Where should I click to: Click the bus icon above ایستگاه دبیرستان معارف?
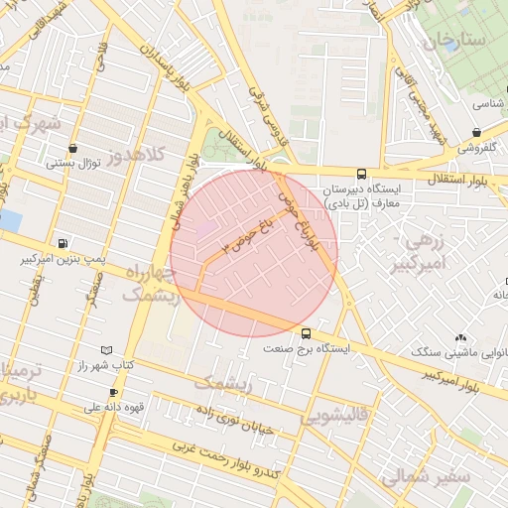pos(360,174)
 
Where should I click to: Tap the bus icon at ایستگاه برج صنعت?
pos(305,333)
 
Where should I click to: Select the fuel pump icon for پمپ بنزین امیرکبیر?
pos(64,242)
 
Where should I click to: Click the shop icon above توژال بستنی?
pos(73,149)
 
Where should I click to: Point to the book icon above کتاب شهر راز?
pos(107,350)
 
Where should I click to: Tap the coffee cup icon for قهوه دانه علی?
pos(113,393)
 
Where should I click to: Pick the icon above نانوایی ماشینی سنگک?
pos(460,337)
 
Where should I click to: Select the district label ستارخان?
pos(455,42)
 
